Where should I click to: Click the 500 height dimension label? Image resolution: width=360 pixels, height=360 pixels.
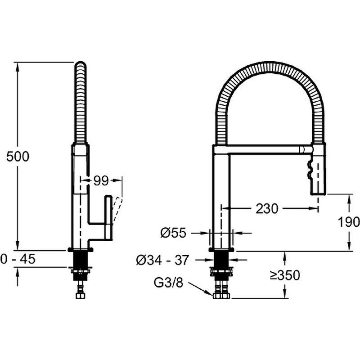18,157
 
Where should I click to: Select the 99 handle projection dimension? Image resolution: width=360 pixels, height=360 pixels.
101,181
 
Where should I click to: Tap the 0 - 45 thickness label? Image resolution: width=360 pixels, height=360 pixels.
18,259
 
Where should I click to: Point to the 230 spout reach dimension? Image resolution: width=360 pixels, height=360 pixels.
267,209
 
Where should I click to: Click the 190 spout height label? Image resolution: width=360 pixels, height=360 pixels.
348,222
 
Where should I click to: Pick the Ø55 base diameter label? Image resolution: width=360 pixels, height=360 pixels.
173,233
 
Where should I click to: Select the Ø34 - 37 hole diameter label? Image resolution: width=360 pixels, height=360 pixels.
162,260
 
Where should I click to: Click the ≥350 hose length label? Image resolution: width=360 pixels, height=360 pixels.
285,275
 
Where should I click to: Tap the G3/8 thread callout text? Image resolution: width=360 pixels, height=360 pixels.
168,283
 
